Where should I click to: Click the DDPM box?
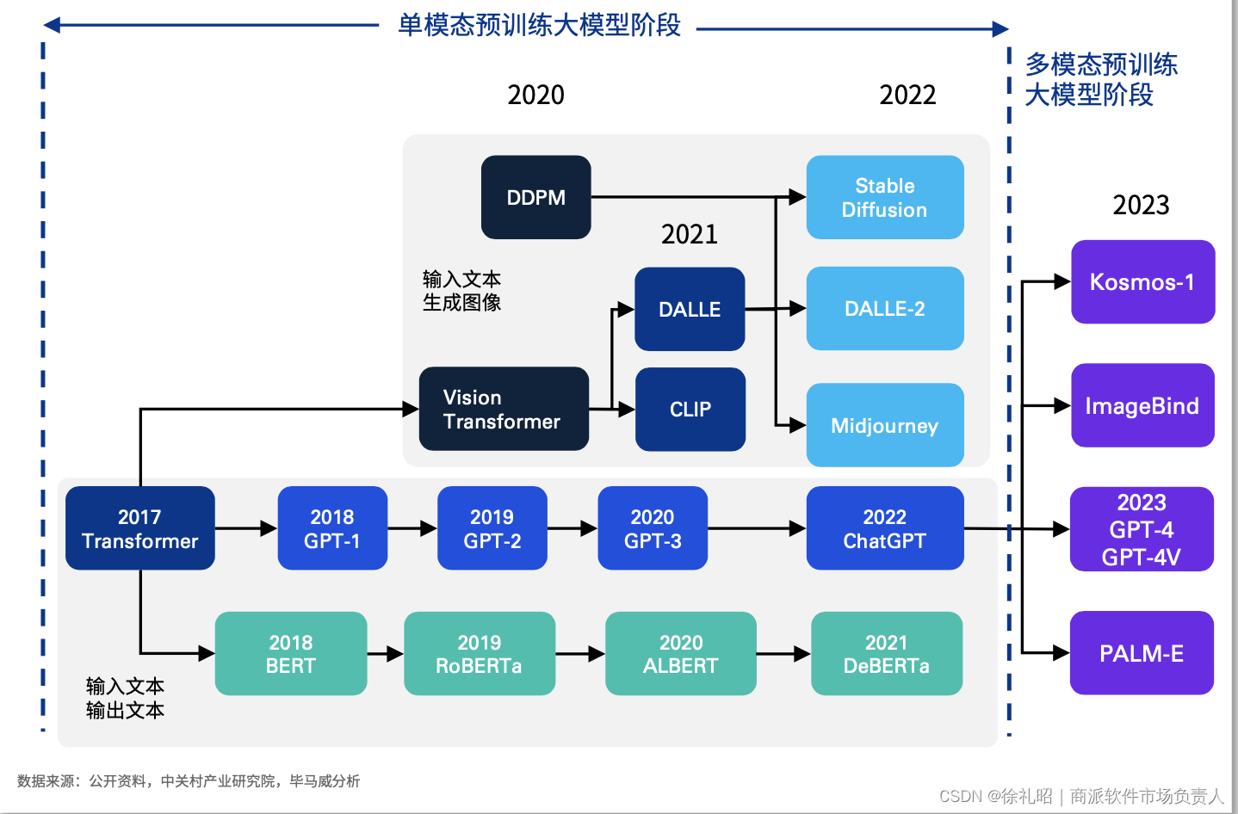tap(535, 197)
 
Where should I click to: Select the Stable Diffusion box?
tap(884, 197)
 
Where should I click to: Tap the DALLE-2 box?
tap(884, 308)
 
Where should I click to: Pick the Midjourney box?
tap(884, 425)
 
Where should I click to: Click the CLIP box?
tap(690, 409)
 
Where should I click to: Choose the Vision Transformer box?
tap(504, 409)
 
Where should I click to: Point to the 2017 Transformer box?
tap(139, 528)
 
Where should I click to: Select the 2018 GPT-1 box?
tap(332, 528)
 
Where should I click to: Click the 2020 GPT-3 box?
tap(653, 528)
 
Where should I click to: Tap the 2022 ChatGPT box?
tap(884, 528)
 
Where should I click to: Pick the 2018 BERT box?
tap(291, 654)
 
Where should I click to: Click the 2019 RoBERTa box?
tap(480, 654)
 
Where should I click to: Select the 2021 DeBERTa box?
tap(886, 654)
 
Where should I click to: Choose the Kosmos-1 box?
tap(1142, 282)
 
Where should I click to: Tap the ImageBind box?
tap(1142, 405)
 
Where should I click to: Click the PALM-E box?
tap(1142, 653)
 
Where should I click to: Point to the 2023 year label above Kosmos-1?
tap(1141, 205)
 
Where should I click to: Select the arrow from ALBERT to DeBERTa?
tap(783, 654)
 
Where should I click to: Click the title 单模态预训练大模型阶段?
tap(539, 25)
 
